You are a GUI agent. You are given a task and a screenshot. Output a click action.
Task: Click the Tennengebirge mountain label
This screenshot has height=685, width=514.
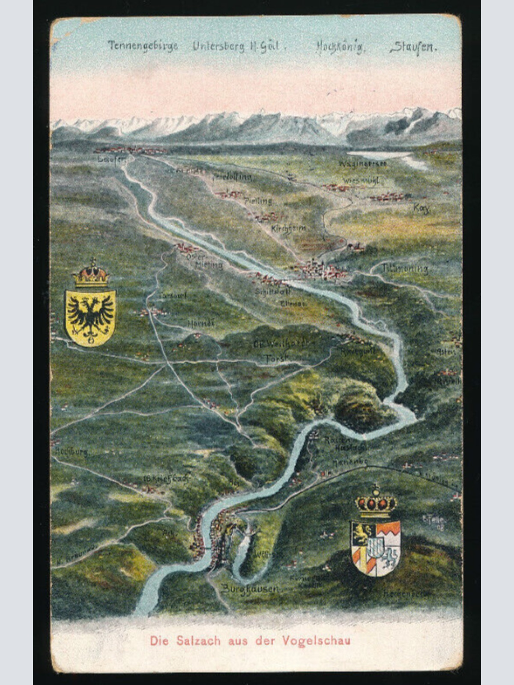[x=143, y=46]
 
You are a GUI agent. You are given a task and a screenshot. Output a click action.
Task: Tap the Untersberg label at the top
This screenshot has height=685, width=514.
[x=218, y=46]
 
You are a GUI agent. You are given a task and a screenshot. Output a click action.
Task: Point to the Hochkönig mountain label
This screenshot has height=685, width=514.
[x=341, y=47]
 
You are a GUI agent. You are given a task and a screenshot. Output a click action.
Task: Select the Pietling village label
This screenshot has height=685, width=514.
[x=258, y=200]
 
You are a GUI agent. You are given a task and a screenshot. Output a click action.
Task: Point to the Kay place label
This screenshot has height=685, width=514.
[x=421, y=208]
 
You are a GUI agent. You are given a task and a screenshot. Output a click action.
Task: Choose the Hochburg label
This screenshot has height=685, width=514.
[x=72, y=452]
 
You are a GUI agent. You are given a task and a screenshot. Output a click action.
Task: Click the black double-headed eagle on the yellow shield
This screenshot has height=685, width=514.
[x=90, y=317]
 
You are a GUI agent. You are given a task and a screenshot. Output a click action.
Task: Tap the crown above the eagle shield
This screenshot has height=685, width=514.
[x=91, y=274]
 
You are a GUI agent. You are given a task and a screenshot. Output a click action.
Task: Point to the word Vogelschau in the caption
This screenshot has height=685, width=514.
[x=317, y=641]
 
